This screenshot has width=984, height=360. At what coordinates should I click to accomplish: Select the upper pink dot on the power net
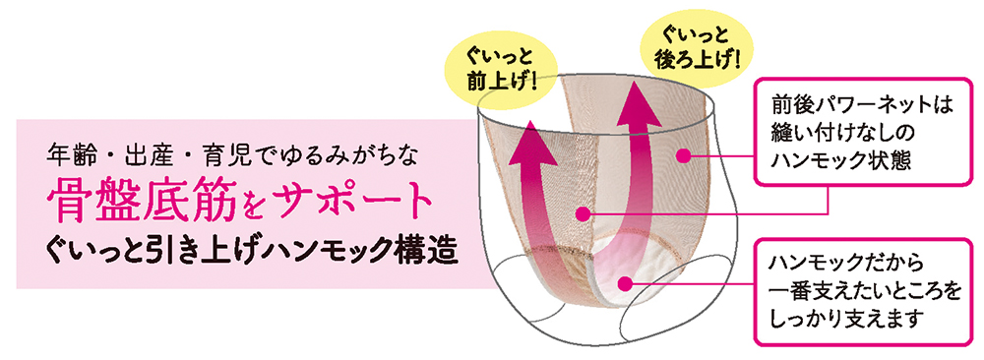click(x=689, y=153)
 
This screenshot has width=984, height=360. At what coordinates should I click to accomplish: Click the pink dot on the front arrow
click(x=584, y=211)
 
